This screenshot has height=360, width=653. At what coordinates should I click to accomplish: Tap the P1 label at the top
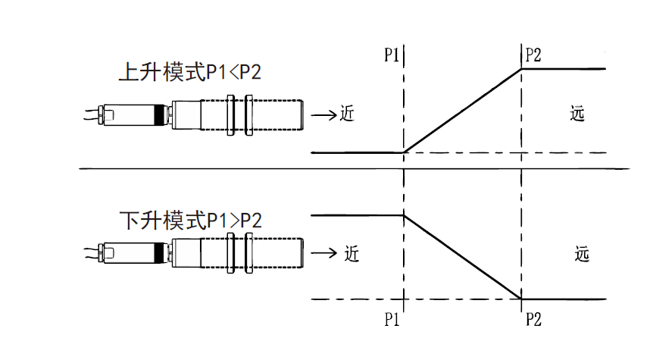[391, 56]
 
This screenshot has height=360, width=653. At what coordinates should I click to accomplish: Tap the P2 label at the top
[533, 55]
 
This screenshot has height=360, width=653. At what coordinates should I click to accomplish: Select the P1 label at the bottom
[391, 319]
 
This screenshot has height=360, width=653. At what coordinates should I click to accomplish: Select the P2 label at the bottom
[533, 319]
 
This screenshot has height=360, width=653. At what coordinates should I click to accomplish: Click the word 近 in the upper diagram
[347, 114]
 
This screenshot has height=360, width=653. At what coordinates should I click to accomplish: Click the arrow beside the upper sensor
[323, 115]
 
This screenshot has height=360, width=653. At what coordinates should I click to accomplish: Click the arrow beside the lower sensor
[323, 252]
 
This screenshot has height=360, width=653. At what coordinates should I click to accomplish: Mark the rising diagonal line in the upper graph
[463, 111]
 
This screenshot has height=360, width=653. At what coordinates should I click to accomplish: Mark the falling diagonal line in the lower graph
[463, 258]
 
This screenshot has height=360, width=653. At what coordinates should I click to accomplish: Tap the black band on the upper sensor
[159, 115]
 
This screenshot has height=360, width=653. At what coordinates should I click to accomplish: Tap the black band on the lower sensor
[159, 252]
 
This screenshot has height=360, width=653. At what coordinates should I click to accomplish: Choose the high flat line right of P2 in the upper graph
[564, 69]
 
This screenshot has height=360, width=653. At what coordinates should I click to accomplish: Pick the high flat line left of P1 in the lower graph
[356, 215]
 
